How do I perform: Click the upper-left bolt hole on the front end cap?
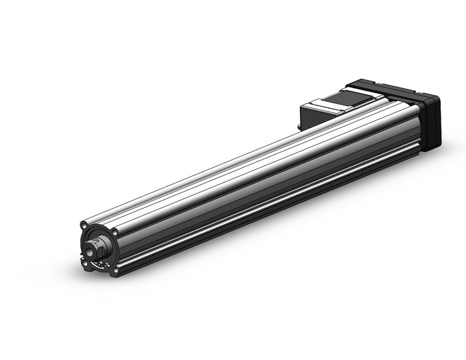[x=83, y=224]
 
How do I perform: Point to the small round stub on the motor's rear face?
[x=299, y=127]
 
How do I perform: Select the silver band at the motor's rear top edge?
[x=319, y=105]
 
